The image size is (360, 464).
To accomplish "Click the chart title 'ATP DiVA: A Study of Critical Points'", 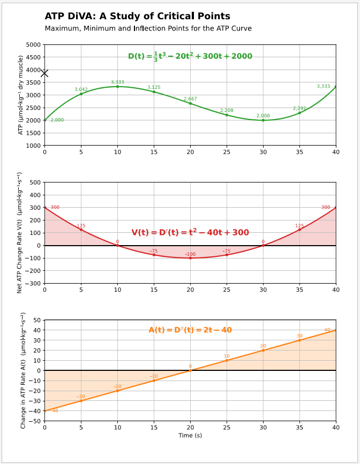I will (137, 17).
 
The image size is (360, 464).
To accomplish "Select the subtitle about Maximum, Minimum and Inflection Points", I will (148, 28).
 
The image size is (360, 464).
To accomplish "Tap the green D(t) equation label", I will (190, 56).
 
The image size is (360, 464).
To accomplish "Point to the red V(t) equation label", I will (190, 232).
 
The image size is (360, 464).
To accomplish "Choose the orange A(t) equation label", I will (190, 330).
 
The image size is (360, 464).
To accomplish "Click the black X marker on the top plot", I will (44, 73).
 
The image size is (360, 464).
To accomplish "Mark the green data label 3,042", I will (81, 89).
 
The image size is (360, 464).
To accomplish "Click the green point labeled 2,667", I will (190, 103).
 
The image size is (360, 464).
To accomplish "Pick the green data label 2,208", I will (227, 110).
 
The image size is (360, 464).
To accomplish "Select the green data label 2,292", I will (299, 108).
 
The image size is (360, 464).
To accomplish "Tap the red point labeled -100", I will (190, 258).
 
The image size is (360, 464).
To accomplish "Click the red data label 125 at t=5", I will (81, 226).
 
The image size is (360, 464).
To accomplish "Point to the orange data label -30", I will (81, 397).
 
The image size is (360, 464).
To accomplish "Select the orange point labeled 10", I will (227, 360).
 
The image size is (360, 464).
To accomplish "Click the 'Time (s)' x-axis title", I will (190, 435).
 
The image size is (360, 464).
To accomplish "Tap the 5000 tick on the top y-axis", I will (33, 45).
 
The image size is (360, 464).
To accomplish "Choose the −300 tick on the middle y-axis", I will (32, 284).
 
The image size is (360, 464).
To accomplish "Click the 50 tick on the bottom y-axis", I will (37, 320).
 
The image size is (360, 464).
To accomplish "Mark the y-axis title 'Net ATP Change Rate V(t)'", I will (20, 232).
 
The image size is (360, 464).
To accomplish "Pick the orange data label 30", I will (299, 336).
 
